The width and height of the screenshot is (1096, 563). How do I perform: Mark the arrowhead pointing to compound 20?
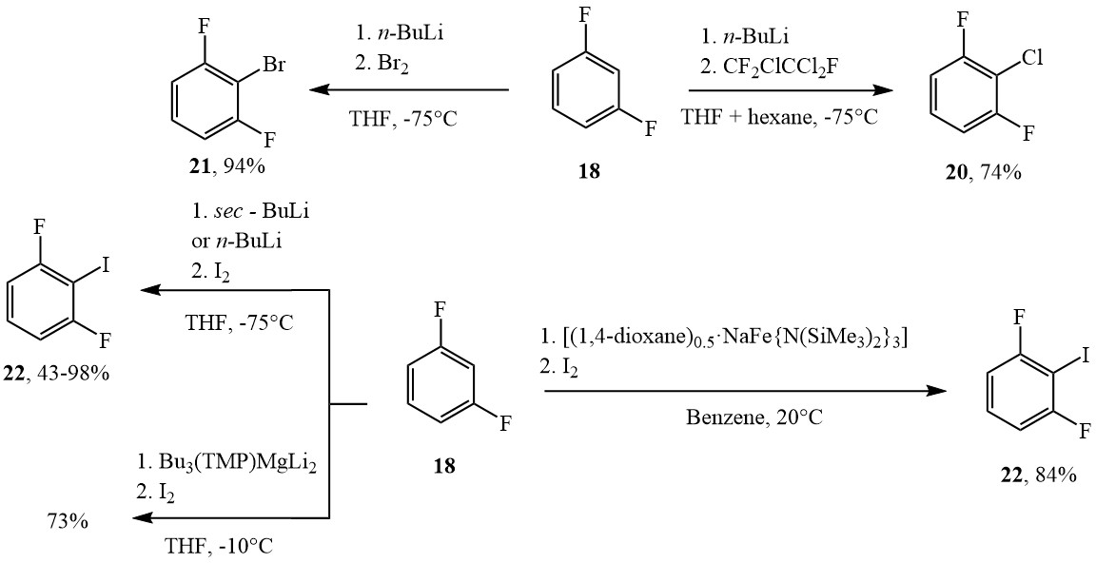click(x=883, y=90)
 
